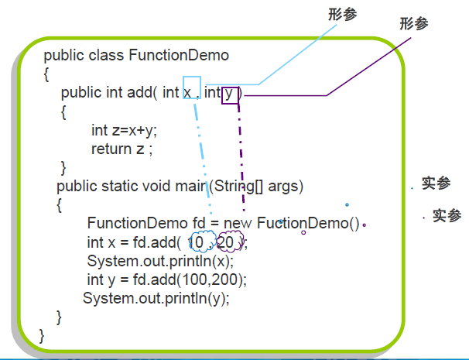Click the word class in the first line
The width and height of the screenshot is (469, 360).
tap(106, 56)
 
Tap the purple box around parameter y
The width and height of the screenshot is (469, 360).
tap(230, 94)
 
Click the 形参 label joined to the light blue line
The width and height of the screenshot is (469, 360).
tap(343, 15)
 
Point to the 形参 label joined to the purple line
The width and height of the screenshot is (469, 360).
tap(413, 24)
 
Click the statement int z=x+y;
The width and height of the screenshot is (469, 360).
tap(124, 130)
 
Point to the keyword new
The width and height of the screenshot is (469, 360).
tap(238, 224)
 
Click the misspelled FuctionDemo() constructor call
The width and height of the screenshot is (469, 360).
tap(308, 224)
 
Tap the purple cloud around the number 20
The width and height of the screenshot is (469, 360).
tap(229, 243)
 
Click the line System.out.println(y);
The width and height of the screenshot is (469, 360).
tap(156, 298)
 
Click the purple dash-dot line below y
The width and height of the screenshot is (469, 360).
tap(241, 155)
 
